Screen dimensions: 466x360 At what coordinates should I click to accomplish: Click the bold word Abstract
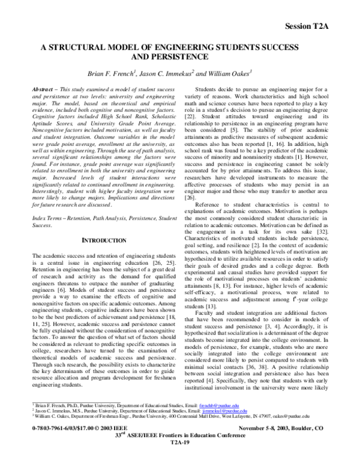tap(41, 89)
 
